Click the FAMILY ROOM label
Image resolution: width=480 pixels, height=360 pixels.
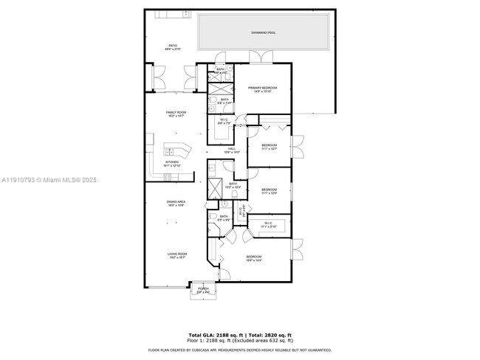(x=176, y=113)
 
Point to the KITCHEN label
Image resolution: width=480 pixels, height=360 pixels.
(x=171, y=163)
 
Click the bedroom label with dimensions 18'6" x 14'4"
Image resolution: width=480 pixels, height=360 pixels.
(x=255, y=258)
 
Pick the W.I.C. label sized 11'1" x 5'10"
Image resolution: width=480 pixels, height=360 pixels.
(x=268, y=224)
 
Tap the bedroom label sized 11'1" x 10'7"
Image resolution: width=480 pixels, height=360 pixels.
(x=269, y=146)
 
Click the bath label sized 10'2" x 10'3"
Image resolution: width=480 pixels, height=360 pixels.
(x=233, y=185)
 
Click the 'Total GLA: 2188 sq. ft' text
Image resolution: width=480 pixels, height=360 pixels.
(x=214, y=334)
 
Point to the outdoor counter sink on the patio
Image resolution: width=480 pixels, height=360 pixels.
(x=160, y=13)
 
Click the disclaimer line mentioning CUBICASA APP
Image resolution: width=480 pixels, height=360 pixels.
(x=240, y=350)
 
